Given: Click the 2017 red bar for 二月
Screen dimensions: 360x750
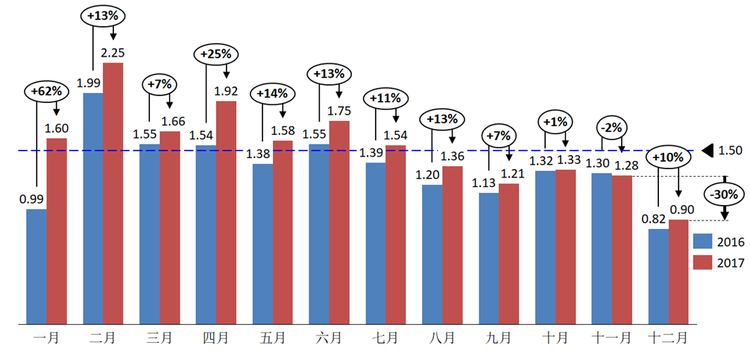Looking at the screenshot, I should point(113,194).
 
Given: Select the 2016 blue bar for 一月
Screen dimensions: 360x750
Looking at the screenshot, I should point(36,267).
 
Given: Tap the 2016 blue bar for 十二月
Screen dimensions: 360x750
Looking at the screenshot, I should point(658,277).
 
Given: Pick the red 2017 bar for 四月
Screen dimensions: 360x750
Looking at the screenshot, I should point(226,212).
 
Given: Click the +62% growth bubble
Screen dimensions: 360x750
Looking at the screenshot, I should point(46,92).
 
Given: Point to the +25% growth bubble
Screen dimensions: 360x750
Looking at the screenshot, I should point(217,54).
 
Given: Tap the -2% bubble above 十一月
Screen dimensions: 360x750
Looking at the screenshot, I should point(611,127).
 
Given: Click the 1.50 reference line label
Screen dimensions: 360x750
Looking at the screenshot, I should point(730,151).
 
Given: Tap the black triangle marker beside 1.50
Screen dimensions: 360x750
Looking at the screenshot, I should point(710,151).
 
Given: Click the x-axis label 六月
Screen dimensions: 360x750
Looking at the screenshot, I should point(329,338).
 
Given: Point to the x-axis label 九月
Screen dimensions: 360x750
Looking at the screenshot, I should point(498,338).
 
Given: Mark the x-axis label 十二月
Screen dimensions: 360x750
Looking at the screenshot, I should point(668,338).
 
